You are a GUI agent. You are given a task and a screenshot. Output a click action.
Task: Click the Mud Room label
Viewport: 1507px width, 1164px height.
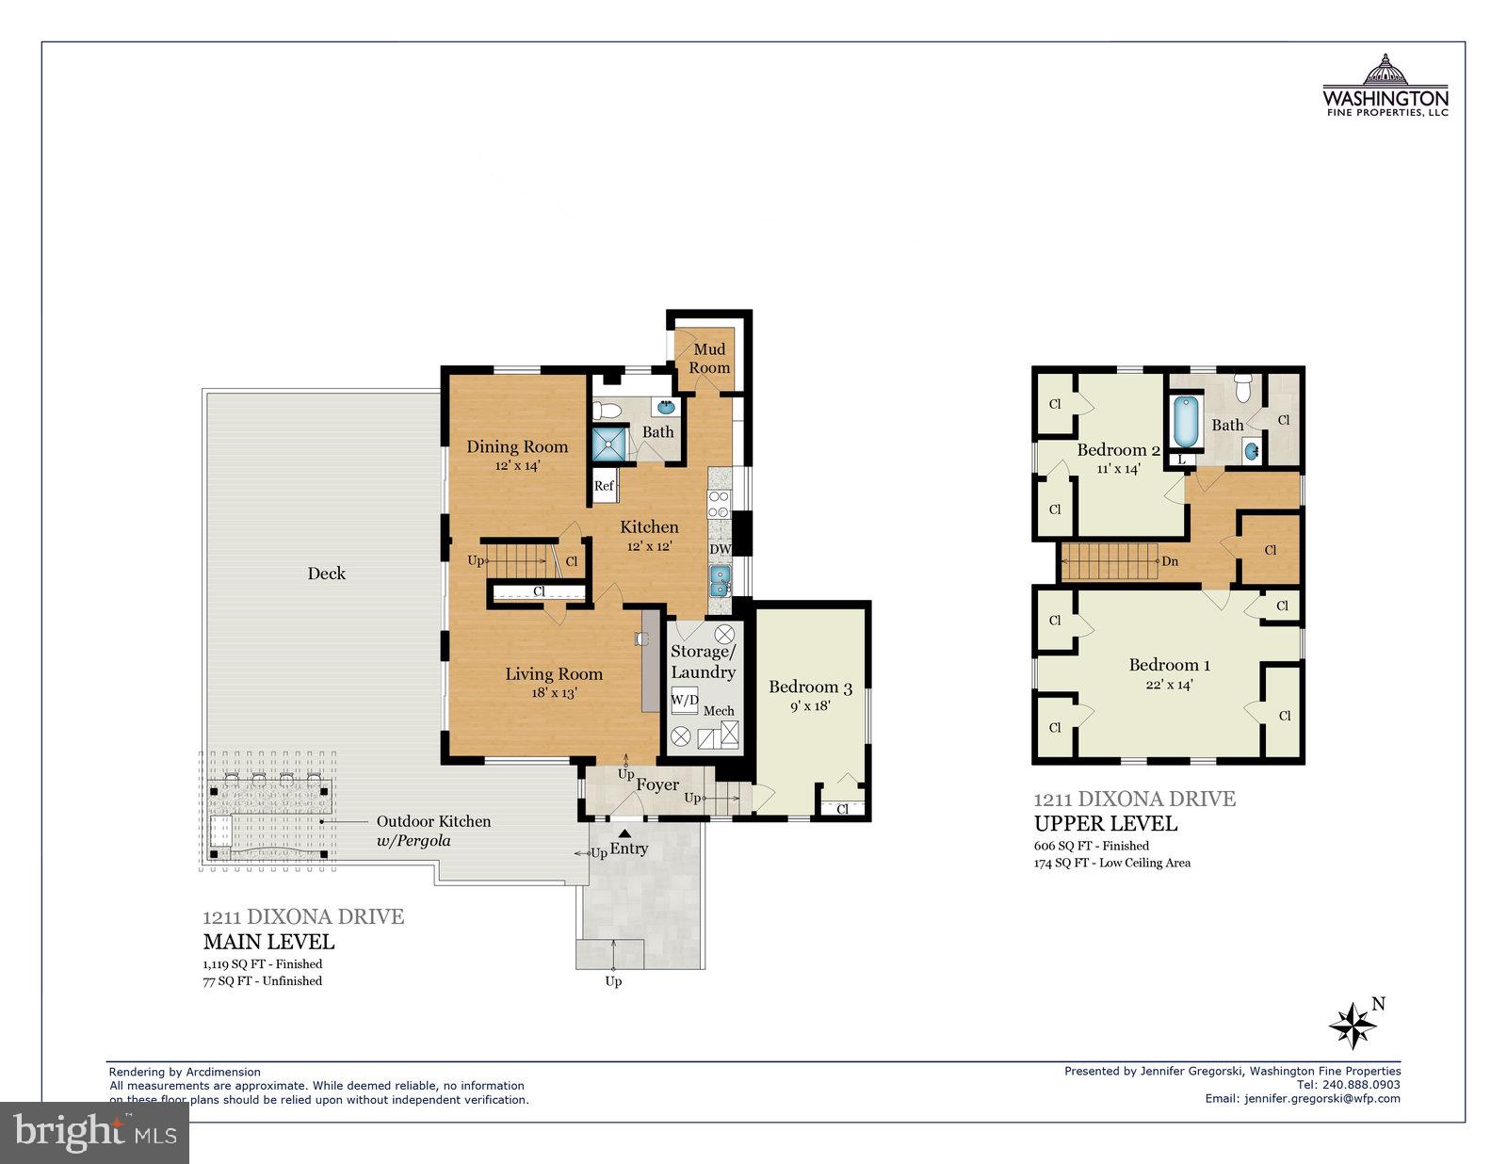coord(709,358)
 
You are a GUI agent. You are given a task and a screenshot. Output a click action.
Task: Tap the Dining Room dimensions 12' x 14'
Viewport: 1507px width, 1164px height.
coord(517,465)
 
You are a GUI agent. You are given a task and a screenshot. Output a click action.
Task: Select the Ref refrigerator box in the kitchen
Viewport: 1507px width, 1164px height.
coord(604,486)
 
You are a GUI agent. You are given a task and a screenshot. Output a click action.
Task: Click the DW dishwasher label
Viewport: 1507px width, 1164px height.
coord(720,549)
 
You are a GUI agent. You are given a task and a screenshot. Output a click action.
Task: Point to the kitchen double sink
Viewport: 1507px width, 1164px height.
coord(720,581)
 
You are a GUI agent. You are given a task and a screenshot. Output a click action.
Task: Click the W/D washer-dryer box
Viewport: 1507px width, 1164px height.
coord(685,701)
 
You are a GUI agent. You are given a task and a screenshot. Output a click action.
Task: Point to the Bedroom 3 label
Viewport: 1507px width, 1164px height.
coord(810,687)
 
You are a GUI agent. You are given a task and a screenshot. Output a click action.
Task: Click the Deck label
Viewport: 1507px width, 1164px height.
coord(327,573)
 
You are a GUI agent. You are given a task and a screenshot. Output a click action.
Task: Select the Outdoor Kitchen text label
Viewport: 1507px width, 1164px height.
coord(433,821)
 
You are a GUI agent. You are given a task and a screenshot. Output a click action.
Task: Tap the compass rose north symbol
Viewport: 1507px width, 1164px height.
coord(1353,1025)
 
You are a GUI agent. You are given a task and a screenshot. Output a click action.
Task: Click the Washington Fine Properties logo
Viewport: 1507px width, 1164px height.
coord(1385,87)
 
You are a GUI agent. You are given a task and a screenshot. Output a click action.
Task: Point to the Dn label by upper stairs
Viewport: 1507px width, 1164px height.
coord(1170,560)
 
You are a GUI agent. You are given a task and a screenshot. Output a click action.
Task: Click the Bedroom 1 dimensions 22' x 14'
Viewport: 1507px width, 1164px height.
coord(1169,685)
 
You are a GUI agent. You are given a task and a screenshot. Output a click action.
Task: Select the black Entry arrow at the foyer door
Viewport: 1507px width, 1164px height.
coord(624,833)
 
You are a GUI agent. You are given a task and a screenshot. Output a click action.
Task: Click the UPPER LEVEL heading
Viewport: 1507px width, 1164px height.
coord(1105,823)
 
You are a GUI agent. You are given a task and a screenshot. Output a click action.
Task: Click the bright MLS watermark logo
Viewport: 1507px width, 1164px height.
coord(94,1131)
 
